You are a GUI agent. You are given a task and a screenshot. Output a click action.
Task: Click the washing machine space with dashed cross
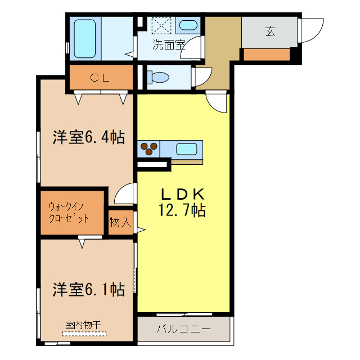(162, 25)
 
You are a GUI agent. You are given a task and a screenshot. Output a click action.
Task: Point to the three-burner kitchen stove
(150, 149)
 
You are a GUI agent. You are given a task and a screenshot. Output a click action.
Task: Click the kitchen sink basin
(187, 149)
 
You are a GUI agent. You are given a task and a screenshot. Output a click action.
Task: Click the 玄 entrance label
(271, 31)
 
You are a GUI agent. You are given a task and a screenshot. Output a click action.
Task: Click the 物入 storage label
(120, 223)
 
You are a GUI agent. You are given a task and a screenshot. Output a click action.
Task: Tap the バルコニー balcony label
(183, 328)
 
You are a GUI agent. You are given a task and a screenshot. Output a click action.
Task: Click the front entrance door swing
(312, 28)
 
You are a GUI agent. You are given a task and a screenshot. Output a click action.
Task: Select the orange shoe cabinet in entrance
(267, 55)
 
